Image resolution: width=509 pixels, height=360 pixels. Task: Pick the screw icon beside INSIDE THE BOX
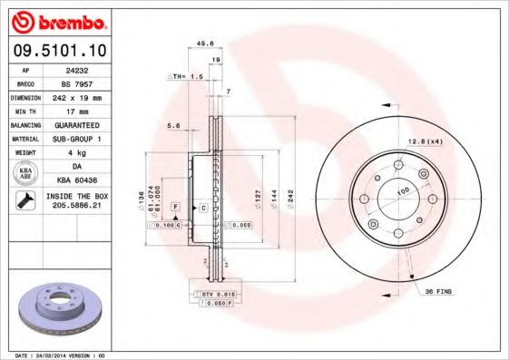pyautogui.click(x=24, y=200)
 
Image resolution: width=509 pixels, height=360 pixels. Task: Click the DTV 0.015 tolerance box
pyautogui.click(x=215, y=294)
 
